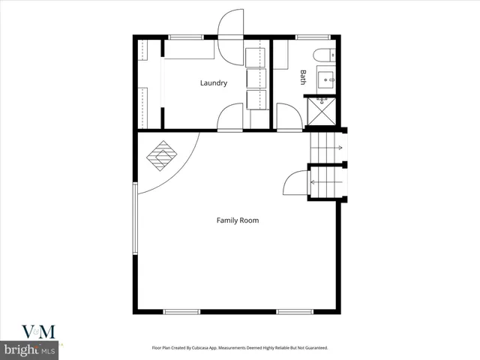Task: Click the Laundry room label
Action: [x=213, y=83]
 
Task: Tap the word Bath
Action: [x=304, y=76]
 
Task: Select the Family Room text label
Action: [x=238, y=220]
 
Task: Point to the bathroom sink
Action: [x=326, y=76]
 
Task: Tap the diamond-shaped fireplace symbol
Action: [x=161, y=156]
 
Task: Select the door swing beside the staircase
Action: [x=296, y=184]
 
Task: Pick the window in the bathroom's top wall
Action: [x=307, y=37]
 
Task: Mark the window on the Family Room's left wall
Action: [x=135, y=220]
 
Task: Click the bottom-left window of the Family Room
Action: [x=181, y=311]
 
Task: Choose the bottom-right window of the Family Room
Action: [x=294, y=311]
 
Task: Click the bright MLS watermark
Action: [x=30, y=349]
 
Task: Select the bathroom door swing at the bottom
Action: [x=289, y=118]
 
